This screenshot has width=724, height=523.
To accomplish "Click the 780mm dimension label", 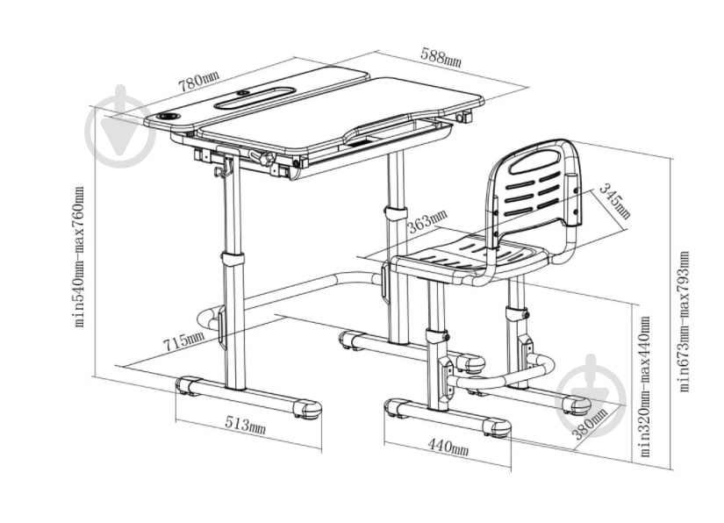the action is (199, 82).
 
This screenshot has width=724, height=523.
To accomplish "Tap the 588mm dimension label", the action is (441, 57).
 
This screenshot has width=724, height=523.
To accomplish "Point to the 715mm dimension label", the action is (183, 340).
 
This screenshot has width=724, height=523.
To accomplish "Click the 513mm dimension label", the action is (245, 425).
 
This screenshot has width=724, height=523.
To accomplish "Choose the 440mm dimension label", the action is (448, 447).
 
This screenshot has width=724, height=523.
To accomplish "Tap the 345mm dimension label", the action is (614, 201).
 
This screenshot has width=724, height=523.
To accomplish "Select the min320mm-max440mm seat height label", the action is (645, 386).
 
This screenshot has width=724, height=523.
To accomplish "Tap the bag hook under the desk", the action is (223, 168).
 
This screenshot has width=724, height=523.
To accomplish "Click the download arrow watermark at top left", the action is (120, 126).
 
